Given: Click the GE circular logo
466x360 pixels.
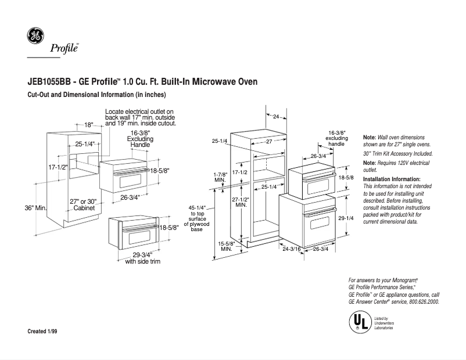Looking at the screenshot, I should pyautogui.click(x=35, y=36).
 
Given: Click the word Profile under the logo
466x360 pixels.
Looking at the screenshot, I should pyautogui.click(x=63, y=48).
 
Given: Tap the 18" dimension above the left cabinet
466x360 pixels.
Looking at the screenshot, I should pyautogui.click(x=88, y=125).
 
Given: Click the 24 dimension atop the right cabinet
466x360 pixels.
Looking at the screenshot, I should pyautogui.click(x=276, y=117).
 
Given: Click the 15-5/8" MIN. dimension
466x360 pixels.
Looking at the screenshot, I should pyautogui.click(x=226, y=245).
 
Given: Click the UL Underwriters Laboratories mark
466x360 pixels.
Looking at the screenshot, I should pyautogui.click(x=359, y=321).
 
